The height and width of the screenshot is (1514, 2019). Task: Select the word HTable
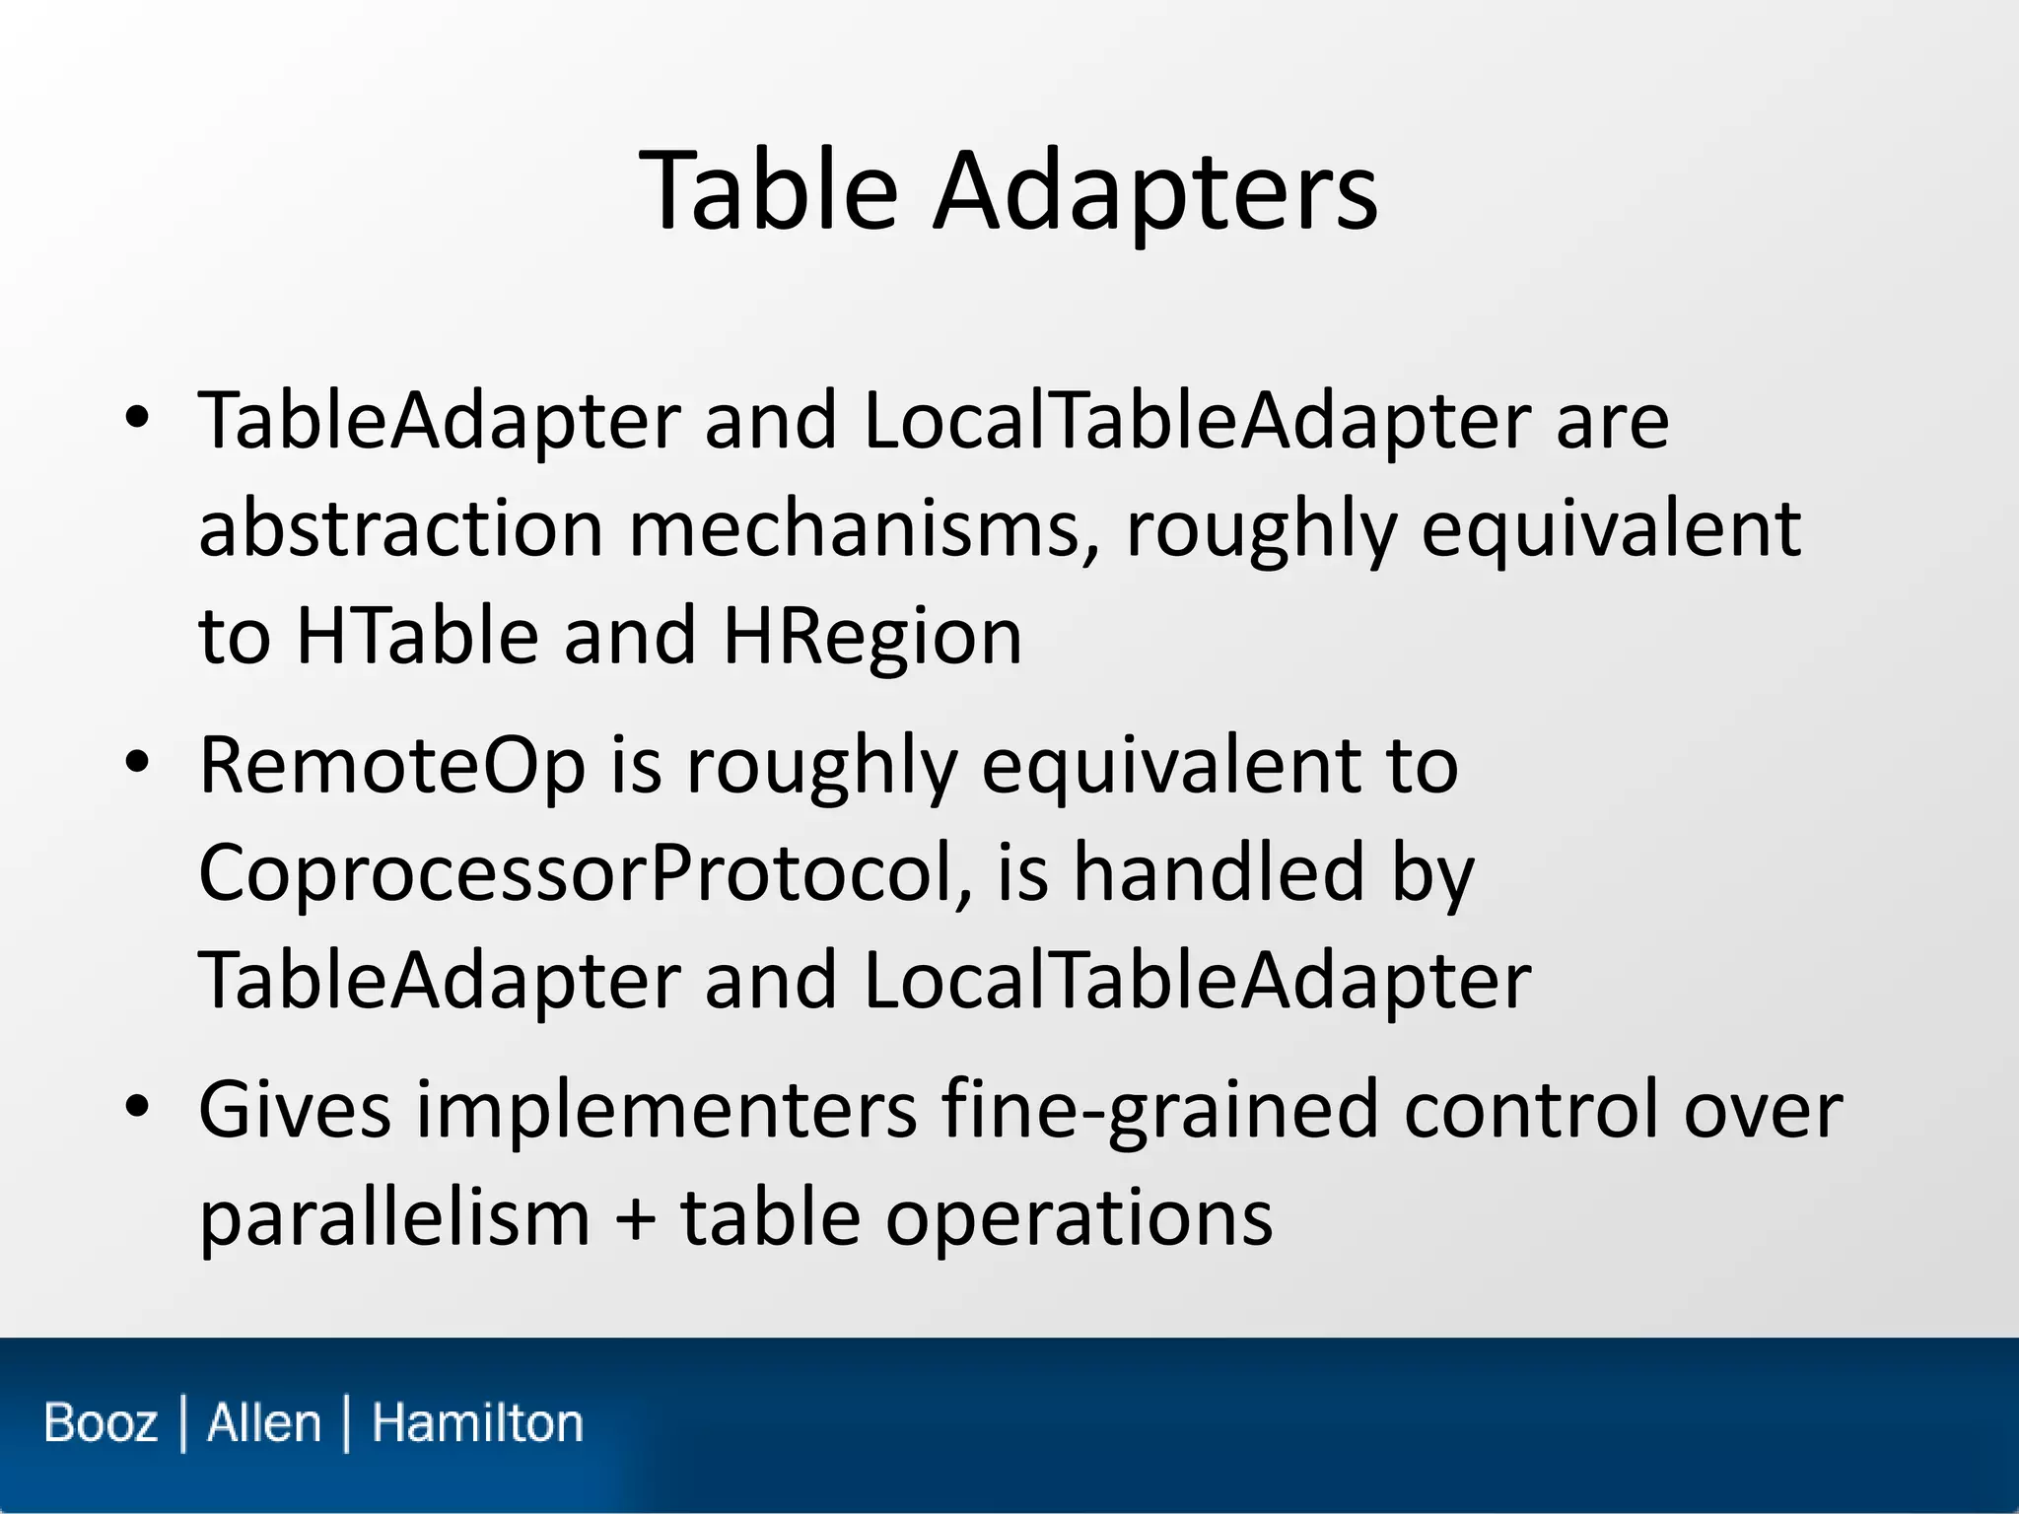417,636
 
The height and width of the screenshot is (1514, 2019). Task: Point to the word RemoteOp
392,765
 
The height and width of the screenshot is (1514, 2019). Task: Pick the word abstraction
401,528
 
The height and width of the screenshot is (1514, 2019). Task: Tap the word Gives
295,1110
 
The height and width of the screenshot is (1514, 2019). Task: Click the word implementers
666,1110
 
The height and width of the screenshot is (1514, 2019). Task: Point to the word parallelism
394,1218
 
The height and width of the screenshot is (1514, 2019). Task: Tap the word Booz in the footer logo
101,1423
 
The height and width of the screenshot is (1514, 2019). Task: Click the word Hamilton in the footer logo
477,1423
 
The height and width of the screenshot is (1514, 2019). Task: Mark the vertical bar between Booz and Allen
183,1423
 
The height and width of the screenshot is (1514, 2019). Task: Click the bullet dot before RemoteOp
137,762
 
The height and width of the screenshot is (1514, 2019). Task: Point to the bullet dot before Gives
137,1107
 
